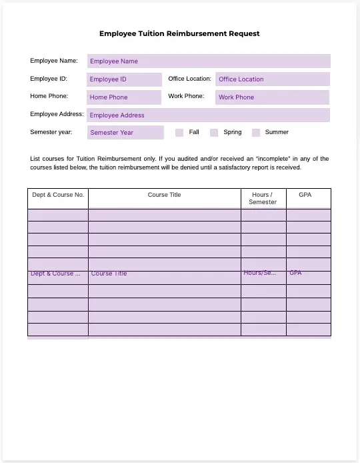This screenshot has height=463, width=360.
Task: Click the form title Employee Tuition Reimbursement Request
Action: point(179,33)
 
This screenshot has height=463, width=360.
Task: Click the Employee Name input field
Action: point(209,61)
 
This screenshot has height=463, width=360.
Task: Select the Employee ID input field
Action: point(125,79)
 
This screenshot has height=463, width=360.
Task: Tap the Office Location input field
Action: point(272,79)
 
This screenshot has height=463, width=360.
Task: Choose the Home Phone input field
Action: point(125,97)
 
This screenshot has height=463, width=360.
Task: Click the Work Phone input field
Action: point(272,97)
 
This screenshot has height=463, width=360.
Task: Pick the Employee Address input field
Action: point(209,115)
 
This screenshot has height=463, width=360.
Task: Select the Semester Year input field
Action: point(125,133)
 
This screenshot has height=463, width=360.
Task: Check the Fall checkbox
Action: point(179,133)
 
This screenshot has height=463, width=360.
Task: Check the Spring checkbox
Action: point(214,133)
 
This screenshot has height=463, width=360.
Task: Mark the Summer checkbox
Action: point(256,133)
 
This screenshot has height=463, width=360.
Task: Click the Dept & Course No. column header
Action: point(58,195)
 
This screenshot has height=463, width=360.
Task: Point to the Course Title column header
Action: point(164,195)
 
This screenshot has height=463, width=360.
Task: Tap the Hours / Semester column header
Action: point(263,198)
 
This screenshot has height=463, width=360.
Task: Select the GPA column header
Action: point(305,195)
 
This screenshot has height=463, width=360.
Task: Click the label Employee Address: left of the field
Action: point(57,115)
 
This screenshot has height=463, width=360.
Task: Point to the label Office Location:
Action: point(190,79)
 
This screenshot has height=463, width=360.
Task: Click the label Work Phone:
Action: point(186,96)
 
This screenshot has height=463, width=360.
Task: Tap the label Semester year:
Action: point(51,132)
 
